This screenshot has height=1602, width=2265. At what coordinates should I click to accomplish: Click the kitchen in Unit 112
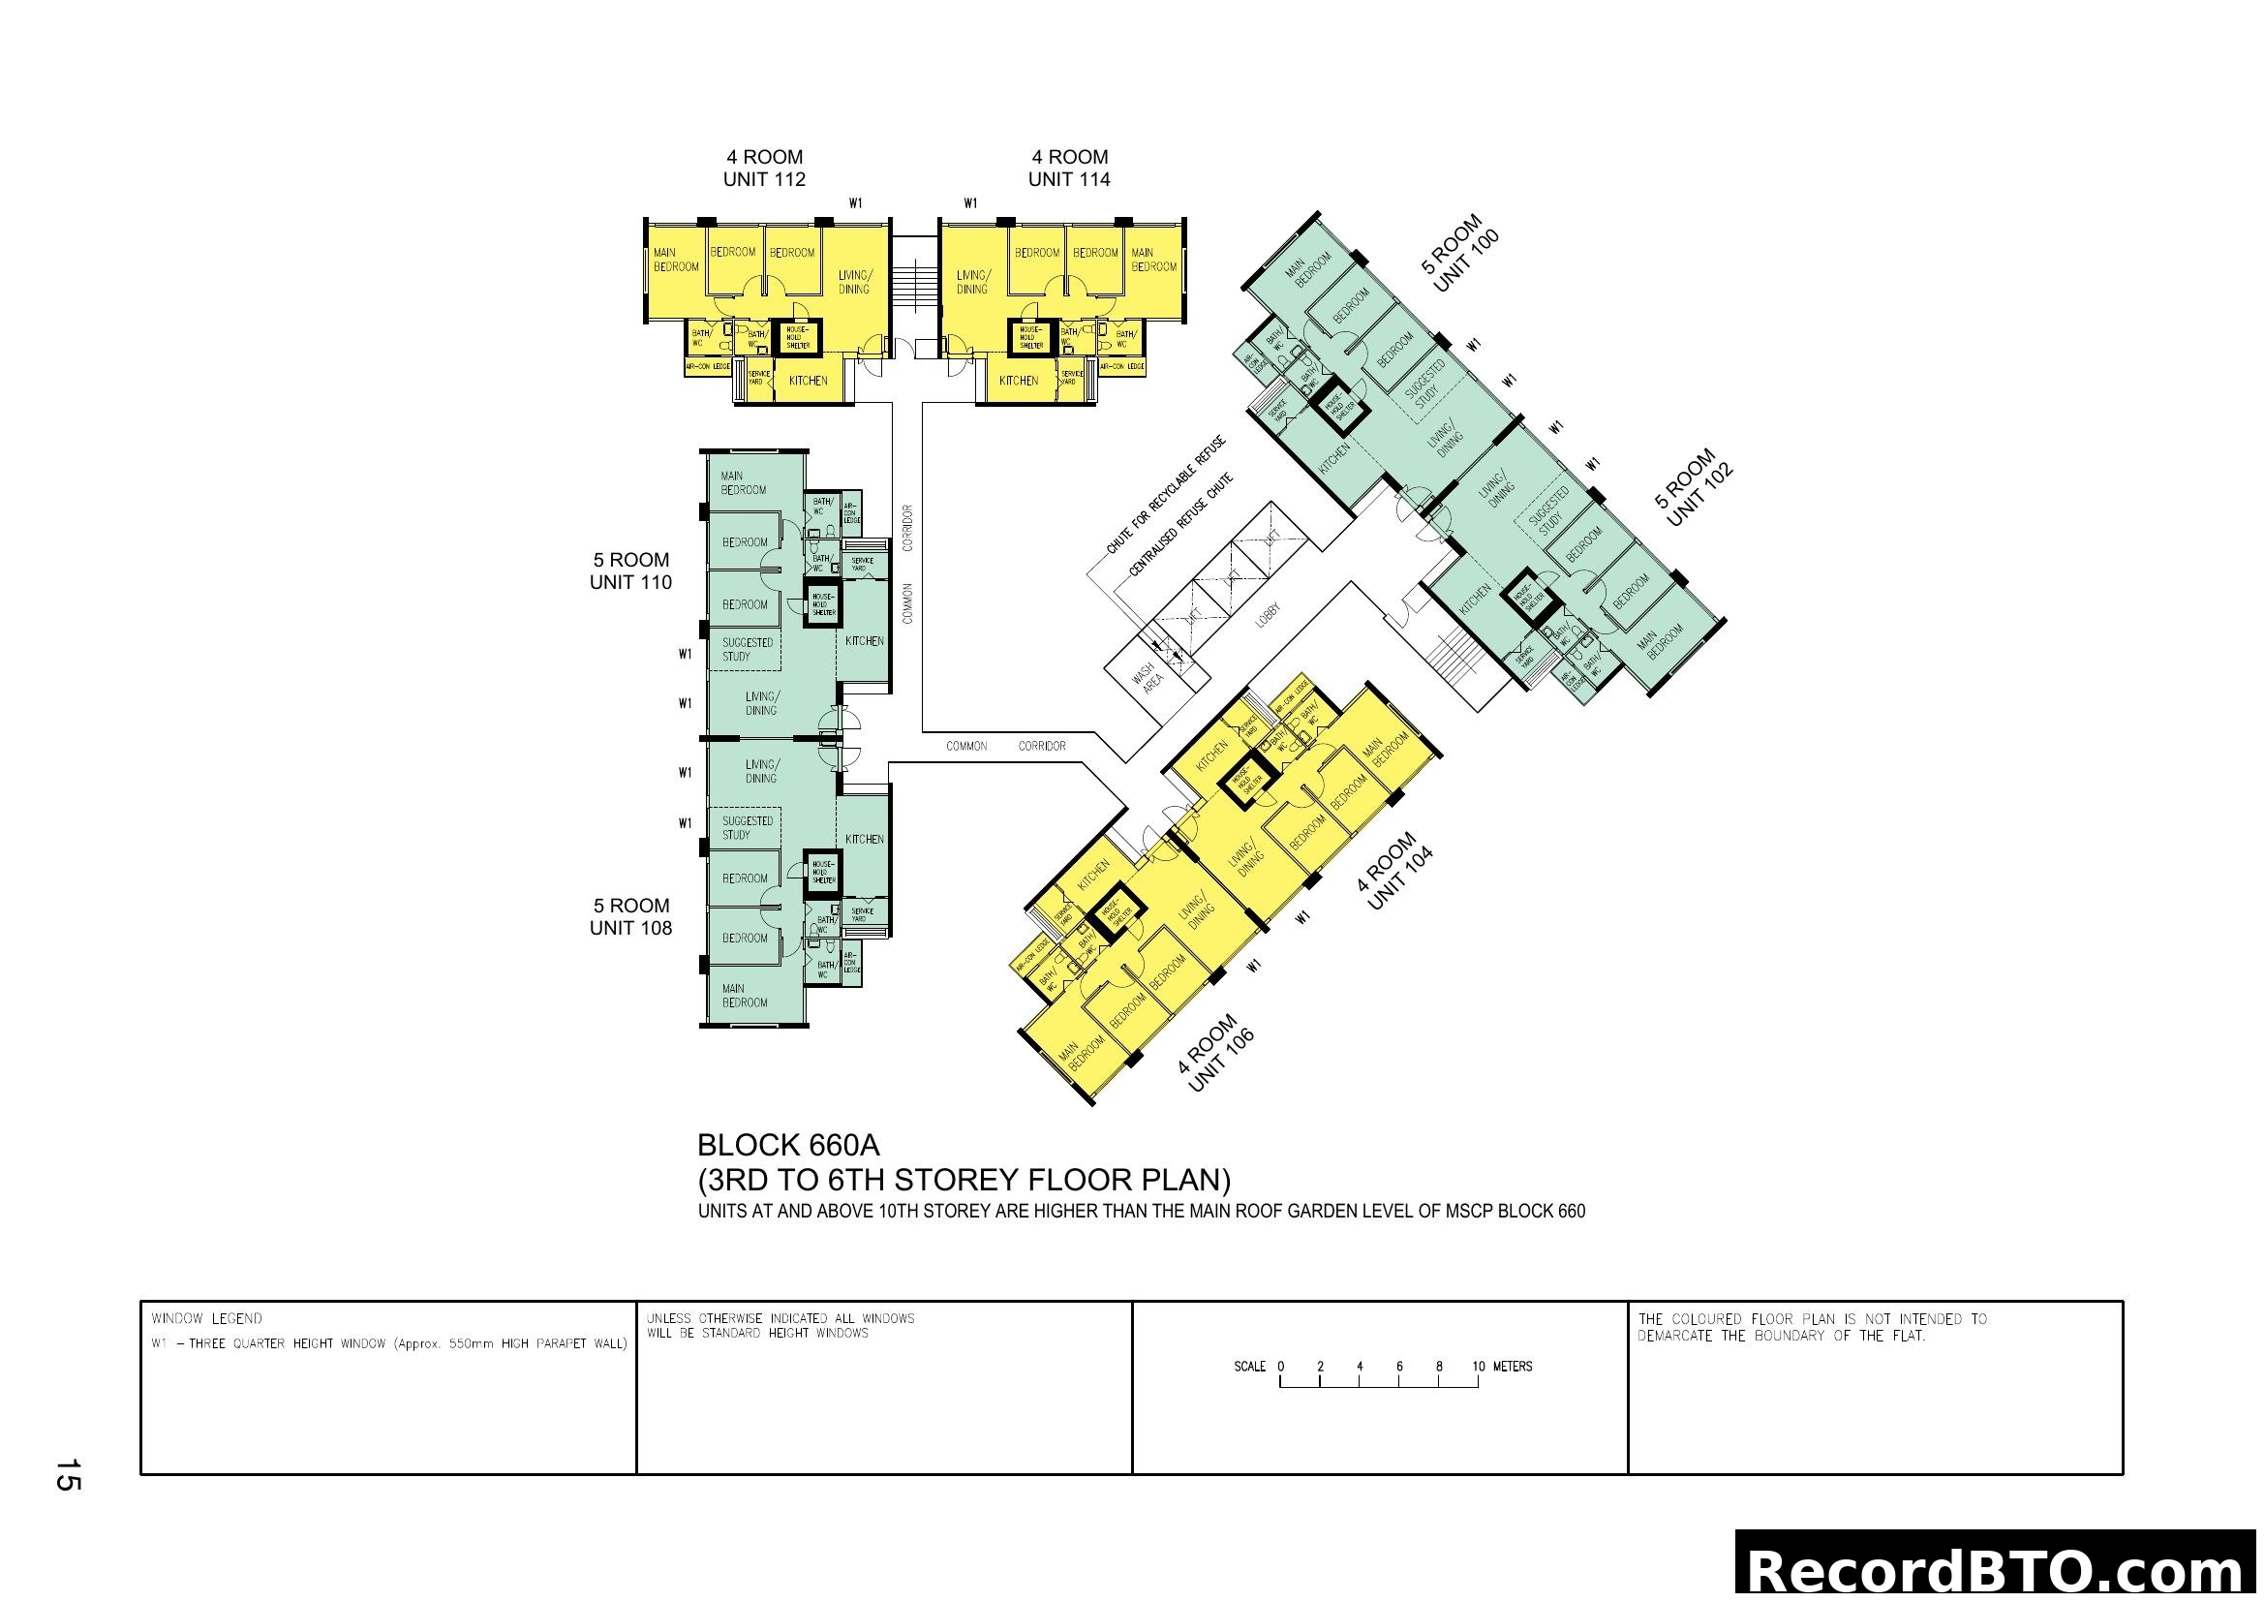[x=808, y=381]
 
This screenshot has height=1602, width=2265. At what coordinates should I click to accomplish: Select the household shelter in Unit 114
[x=1031, y=338]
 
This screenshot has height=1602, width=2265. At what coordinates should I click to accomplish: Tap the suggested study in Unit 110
[x=747, y=649]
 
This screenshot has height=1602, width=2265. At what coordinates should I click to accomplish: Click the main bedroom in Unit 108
[x=744, y=996]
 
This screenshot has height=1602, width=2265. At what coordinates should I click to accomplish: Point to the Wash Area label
[x=1148, y=679]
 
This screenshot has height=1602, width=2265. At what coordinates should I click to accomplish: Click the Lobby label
[x=1268, y=616]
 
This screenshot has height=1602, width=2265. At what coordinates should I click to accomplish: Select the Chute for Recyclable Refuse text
[x=1166, y=494]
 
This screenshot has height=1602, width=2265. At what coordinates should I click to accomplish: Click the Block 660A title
[x=788, y=1146]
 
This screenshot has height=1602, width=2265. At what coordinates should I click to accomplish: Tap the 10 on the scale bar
[x=1478, y=1368]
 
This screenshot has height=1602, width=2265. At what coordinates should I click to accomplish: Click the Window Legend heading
[x=207, y=1319]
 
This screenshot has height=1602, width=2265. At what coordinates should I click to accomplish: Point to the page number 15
[x=67, y=1476]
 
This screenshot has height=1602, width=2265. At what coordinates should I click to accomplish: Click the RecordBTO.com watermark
[x=1997, y=1568]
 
